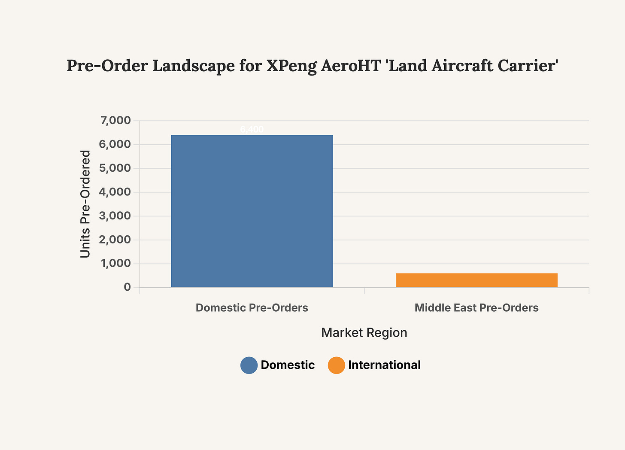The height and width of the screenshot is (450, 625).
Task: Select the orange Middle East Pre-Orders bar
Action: (476, 280)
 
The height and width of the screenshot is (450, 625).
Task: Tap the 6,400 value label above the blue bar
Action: (252, 129)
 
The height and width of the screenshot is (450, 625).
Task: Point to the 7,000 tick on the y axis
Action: (115, 121)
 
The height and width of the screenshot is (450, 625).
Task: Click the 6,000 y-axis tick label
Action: (115, 145)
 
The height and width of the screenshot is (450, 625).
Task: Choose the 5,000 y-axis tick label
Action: (115, 168)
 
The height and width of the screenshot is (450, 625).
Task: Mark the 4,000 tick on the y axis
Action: (115, 192)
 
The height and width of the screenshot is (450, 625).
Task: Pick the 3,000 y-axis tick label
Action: (115, 216)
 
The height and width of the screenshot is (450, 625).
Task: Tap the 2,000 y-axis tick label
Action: (115, 240)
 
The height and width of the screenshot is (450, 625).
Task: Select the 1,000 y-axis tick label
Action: (115, 264)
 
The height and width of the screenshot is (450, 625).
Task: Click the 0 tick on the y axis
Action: (127, 287)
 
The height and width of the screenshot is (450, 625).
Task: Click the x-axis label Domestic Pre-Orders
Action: (252, 308)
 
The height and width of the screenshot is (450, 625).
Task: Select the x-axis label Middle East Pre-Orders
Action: (476, 308)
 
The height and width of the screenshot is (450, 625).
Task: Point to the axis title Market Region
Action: (364, 333)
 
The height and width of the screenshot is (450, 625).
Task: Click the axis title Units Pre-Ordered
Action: (85, 204)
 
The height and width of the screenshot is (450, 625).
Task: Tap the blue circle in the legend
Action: (249, 365)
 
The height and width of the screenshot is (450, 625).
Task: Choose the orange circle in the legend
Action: (337, 365)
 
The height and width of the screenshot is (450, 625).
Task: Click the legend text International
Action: (384, 365)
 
